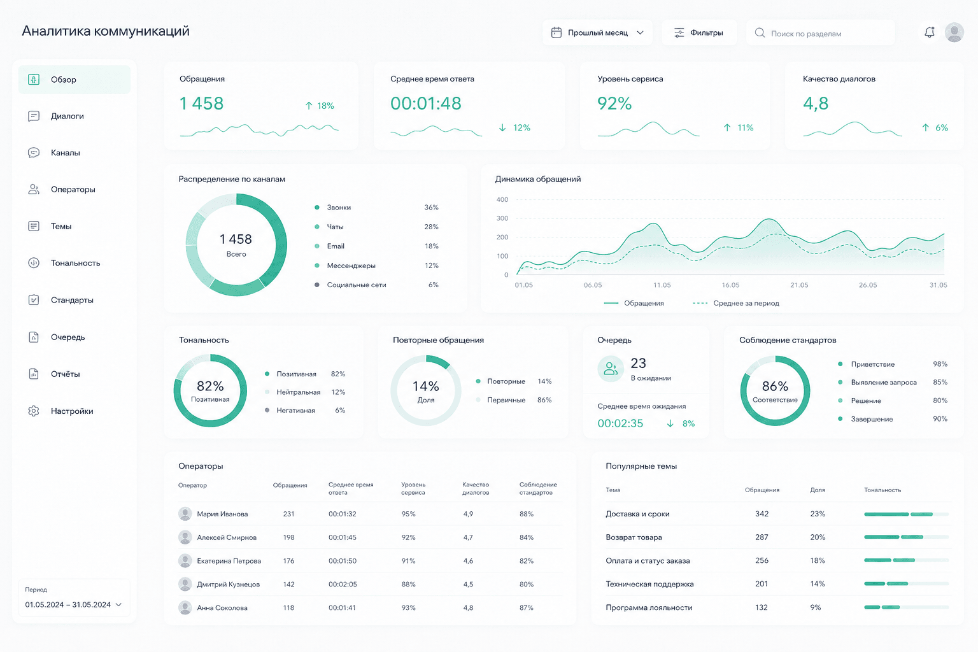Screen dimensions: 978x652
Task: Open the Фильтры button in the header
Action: (699, 32)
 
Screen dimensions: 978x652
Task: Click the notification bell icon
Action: (930, 32)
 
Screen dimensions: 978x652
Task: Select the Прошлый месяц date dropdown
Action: (597, 32)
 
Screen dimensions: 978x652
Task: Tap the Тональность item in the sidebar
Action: (75, 263)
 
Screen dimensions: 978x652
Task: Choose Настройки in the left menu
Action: (71, 411)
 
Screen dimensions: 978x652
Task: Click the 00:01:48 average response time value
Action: (426, 104)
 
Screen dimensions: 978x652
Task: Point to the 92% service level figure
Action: (614, 104)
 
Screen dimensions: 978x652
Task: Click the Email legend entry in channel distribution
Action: (336, 246)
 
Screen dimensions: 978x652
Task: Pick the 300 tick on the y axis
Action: (502, 218)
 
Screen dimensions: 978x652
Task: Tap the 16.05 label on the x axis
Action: (730, 285)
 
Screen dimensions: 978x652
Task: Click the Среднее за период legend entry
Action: (746, 303)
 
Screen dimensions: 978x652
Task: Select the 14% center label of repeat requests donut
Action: (426, 386)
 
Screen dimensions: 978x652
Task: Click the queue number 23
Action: (639, 364)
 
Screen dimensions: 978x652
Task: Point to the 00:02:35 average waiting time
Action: (620, 423)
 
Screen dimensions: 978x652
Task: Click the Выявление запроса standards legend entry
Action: (884, 383)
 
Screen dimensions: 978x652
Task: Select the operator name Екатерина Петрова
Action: (229, 561)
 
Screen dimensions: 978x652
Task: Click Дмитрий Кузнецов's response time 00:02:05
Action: (343, 585)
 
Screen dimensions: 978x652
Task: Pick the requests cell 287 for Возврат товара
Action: (762, 537)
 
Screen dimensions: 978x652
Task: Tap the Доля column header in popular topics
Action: (818, 490)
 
